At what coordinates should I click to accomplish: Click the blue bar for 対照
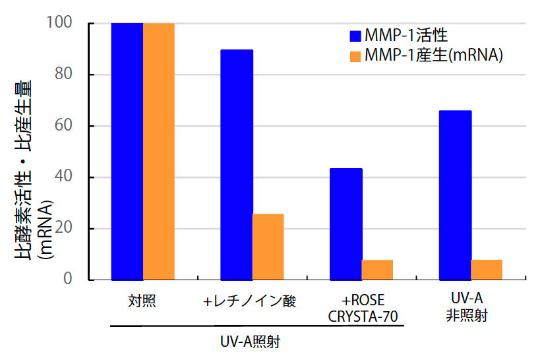tap(127, 152)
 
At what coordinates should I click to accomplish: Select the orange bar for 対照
tap(159, 152)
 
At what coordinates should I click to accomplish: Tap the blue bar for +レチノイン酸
tap(236, 165)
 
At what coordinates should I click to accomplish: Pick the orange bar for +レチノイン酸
tap(268, 247)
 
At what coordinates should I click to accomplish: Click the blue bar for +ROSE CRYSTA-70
tap(346, 224)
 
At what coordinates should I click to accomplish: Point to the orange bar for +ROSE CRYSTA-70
tap(377, 270)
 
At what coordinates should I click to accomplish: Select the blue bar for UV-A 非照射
tap(455, 195)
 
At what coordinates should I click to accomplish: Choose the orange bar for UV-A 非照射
tap(487, 270)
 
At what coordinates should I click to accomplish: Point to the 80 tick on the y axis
tap(77, 75)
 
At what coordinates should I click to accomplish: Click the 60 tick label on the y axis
tap(77, 126)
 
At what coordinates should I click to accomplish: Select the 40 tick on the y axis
tap(77, 177)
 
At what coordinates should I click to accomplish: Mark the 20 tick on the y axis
tap(77, 229)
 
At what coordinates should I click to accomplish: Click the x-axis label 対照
tap(142, 301)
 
